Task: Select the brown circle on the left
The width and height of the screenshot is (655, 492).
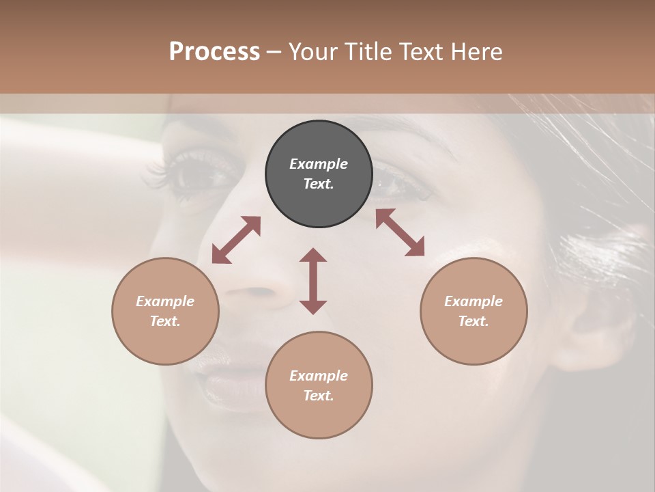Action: tap(165, 311)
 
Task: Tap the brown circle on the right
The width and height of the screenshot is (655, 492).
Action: tap(474, 311)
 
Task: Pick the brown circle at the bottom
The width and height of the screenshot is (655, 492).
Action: tap(319, 385)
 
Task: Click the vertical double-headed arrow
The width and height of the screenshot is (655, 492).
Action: tap(313, 281)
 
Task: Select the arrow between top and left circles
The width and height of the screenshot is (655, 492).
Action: tap(236, 240)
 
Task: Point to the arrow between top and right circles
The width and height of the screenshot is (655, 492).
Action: tap(400, 232)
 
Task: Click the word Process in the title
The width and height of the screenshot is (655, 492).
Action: tap(214, 51)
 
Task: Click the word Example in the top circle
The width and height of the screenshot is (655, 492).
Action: tap(319, 164)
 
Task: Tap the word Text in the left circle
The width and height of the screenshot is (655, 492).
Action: tap(165, 321)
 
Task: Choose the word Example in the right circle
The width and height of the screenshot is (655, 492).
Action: tap(474, 301)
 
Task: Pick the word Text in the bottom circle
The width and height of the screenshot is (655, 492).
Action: tap(319, 396)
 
